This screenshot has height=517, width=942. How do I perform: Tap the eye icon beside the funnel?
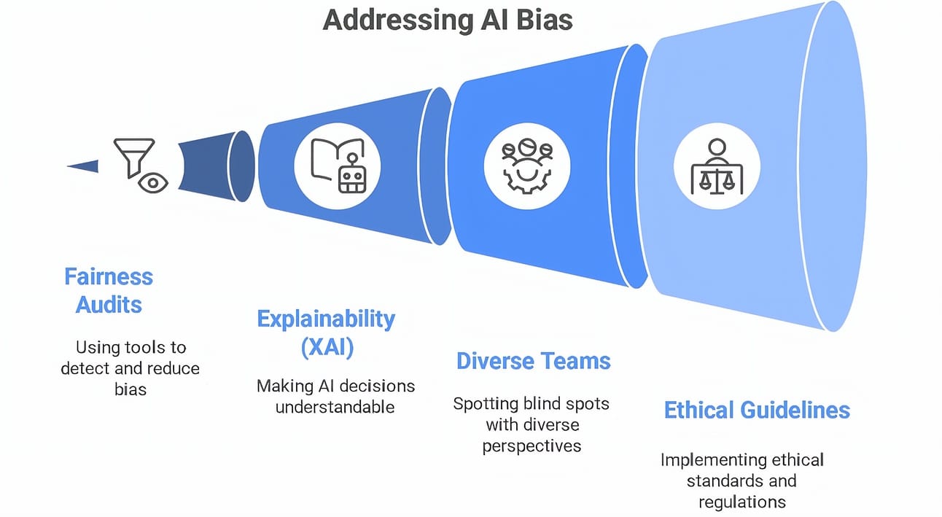(x=153, y=183)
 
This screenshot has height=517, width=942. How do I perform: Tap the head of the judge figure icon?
(x=717, y=147)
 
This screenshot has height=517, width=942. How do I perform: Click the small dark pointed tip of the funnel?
(x=83, y=166)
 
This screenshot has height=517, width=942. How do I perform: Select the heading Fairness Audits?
(x=109, y=291)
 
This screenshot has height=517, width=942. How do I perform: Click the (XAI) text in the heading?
(x=327, y=348)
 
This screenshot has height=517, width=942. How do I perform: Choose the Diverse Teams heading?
(x=533, y=361)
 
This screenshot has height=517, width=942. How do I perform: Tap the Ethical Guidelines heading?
(x=757, y=410)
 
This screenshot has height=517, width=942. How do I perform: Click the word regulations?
(x=742, y=502)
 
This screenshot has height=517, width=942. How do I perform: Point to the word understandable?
(x=335, y=407)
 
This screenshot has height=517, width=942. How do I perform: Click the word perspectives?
(x=532, y=446)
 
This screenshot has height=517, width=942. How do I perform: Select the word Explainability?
(x=326, y=319)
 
